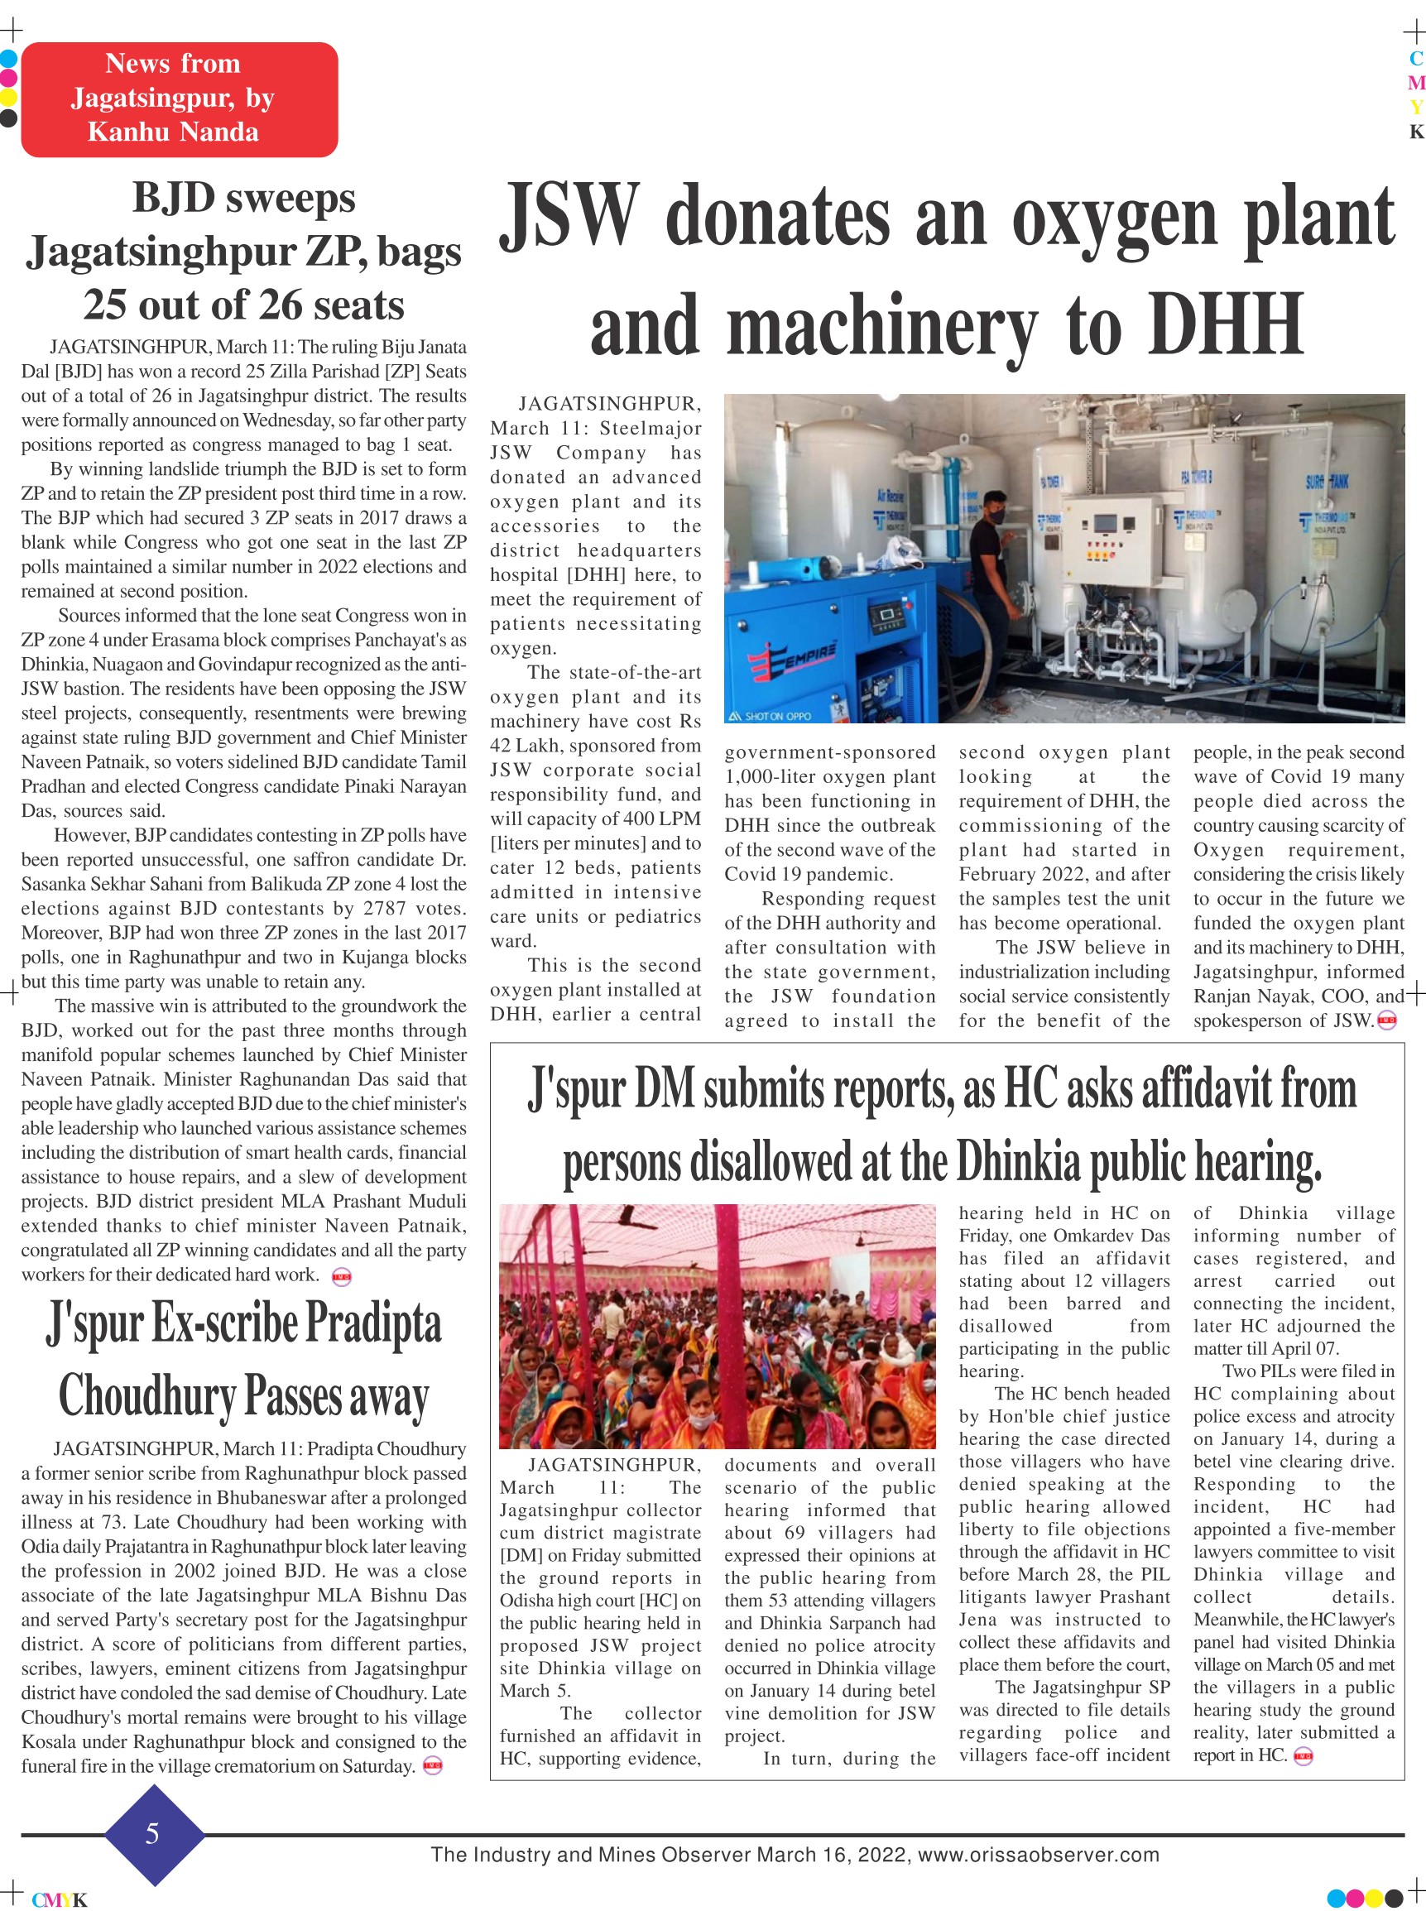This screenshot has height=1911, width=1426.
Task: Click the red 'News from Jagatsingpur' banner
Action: point(179,99)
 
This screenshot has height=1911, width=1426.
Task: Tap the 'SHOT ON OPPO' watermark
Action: point(771,716)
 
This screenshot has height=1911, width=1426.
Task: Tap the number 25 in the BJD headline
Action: point(107,305)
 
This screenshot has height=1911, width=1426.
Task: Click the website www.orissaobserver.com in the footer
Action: point(1038,1854)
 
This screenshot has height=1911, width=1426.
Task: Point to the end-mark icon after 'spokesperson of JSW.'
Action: point(1386,1021)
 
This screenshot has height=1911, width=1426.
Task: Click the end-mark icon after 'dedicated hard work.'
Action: point(342,1276)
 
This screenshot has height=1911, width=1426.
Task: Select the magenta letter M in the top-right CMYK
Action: point(1415,83)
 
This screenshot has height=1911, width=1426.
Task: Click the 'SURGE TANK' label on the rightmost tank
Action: point(1325,481)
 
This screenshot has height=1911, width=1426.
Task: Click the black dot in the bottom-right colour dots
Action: point(1392,1898)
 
